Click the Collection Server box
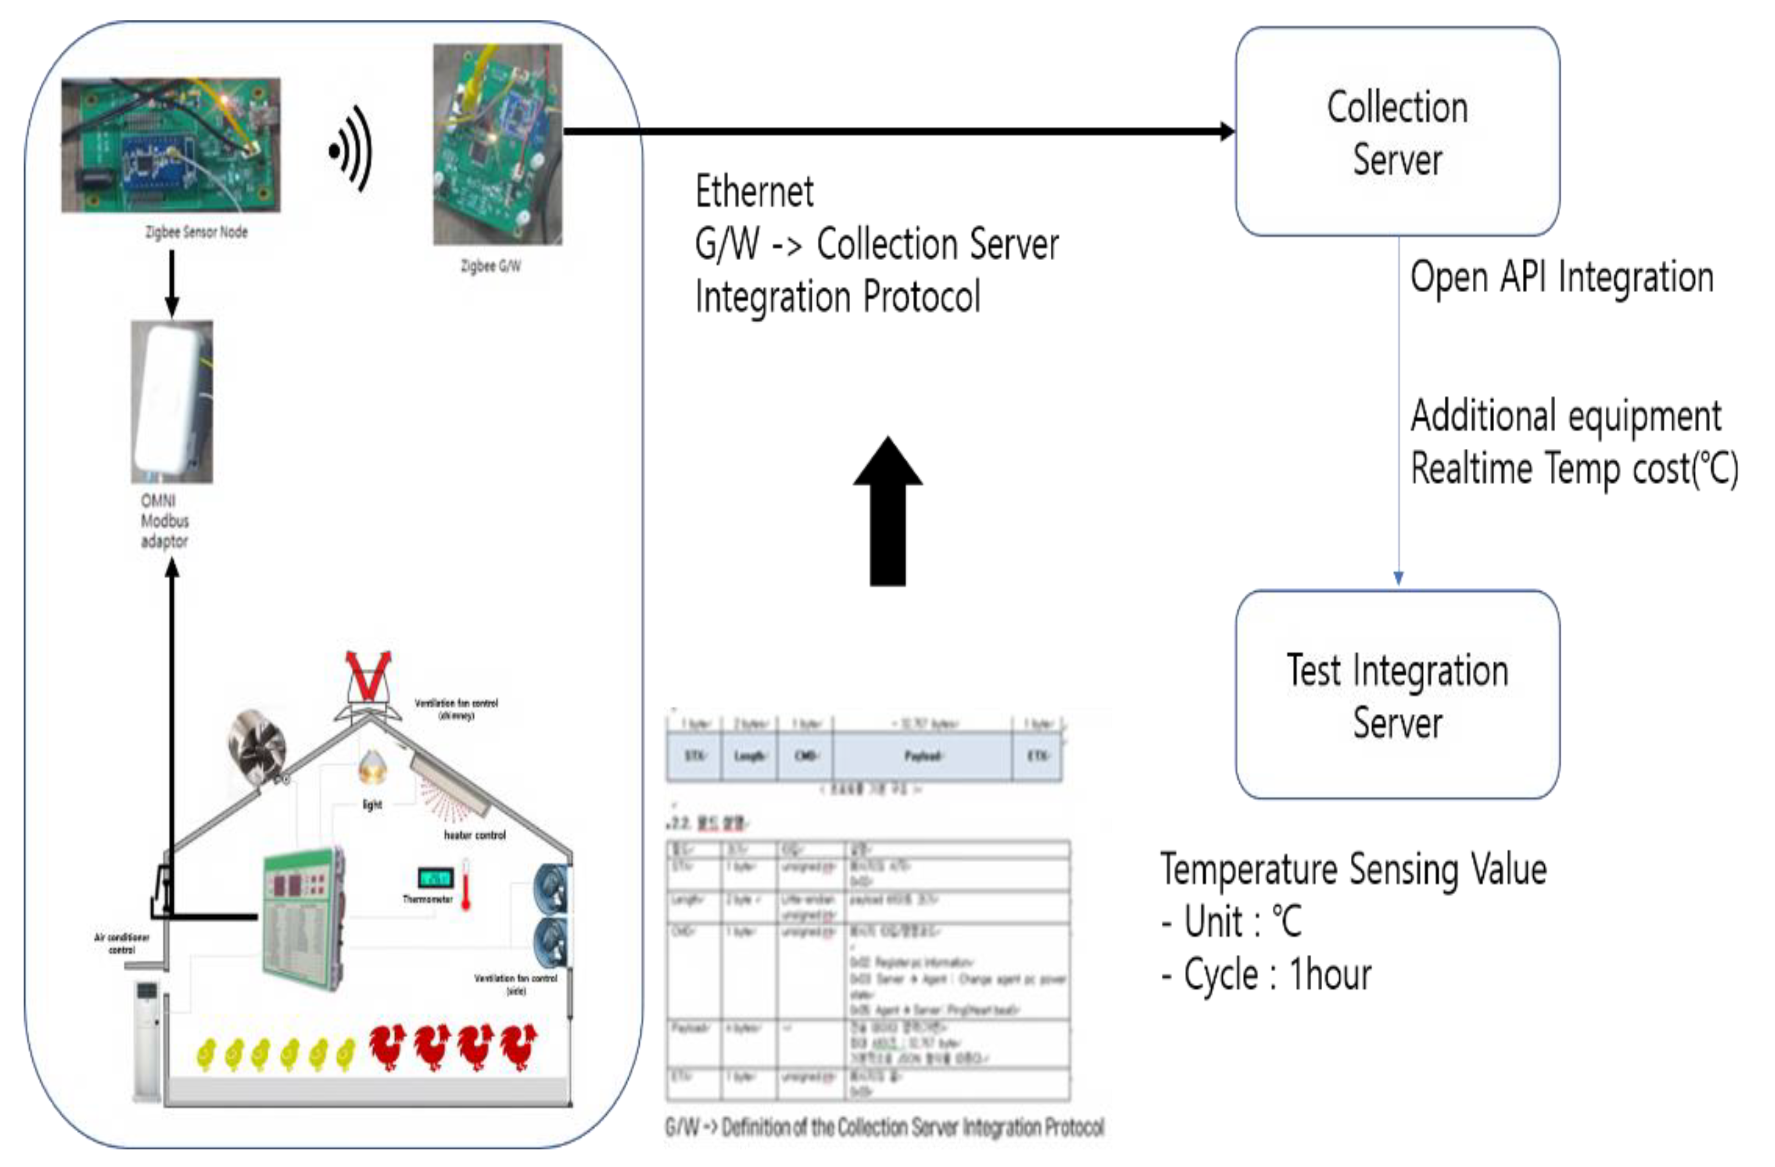click(x=1397, y=132)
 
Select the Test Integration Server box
click(x=1397, y=695)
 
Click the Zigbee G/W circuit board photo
click(x=497, y=144)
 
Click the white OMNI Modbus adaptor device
click(x=171, y=401)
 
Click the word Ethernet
click(x=754, y=192)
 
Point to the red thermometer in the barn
click(x=466, y=885)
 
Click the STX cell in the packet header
click(x=694, y=756)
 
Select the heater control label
click(x=474, y=835)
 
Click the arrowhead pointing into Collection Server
click(x=1226, y=132)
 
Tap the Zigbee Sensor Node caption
click(x=196, y=232)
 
